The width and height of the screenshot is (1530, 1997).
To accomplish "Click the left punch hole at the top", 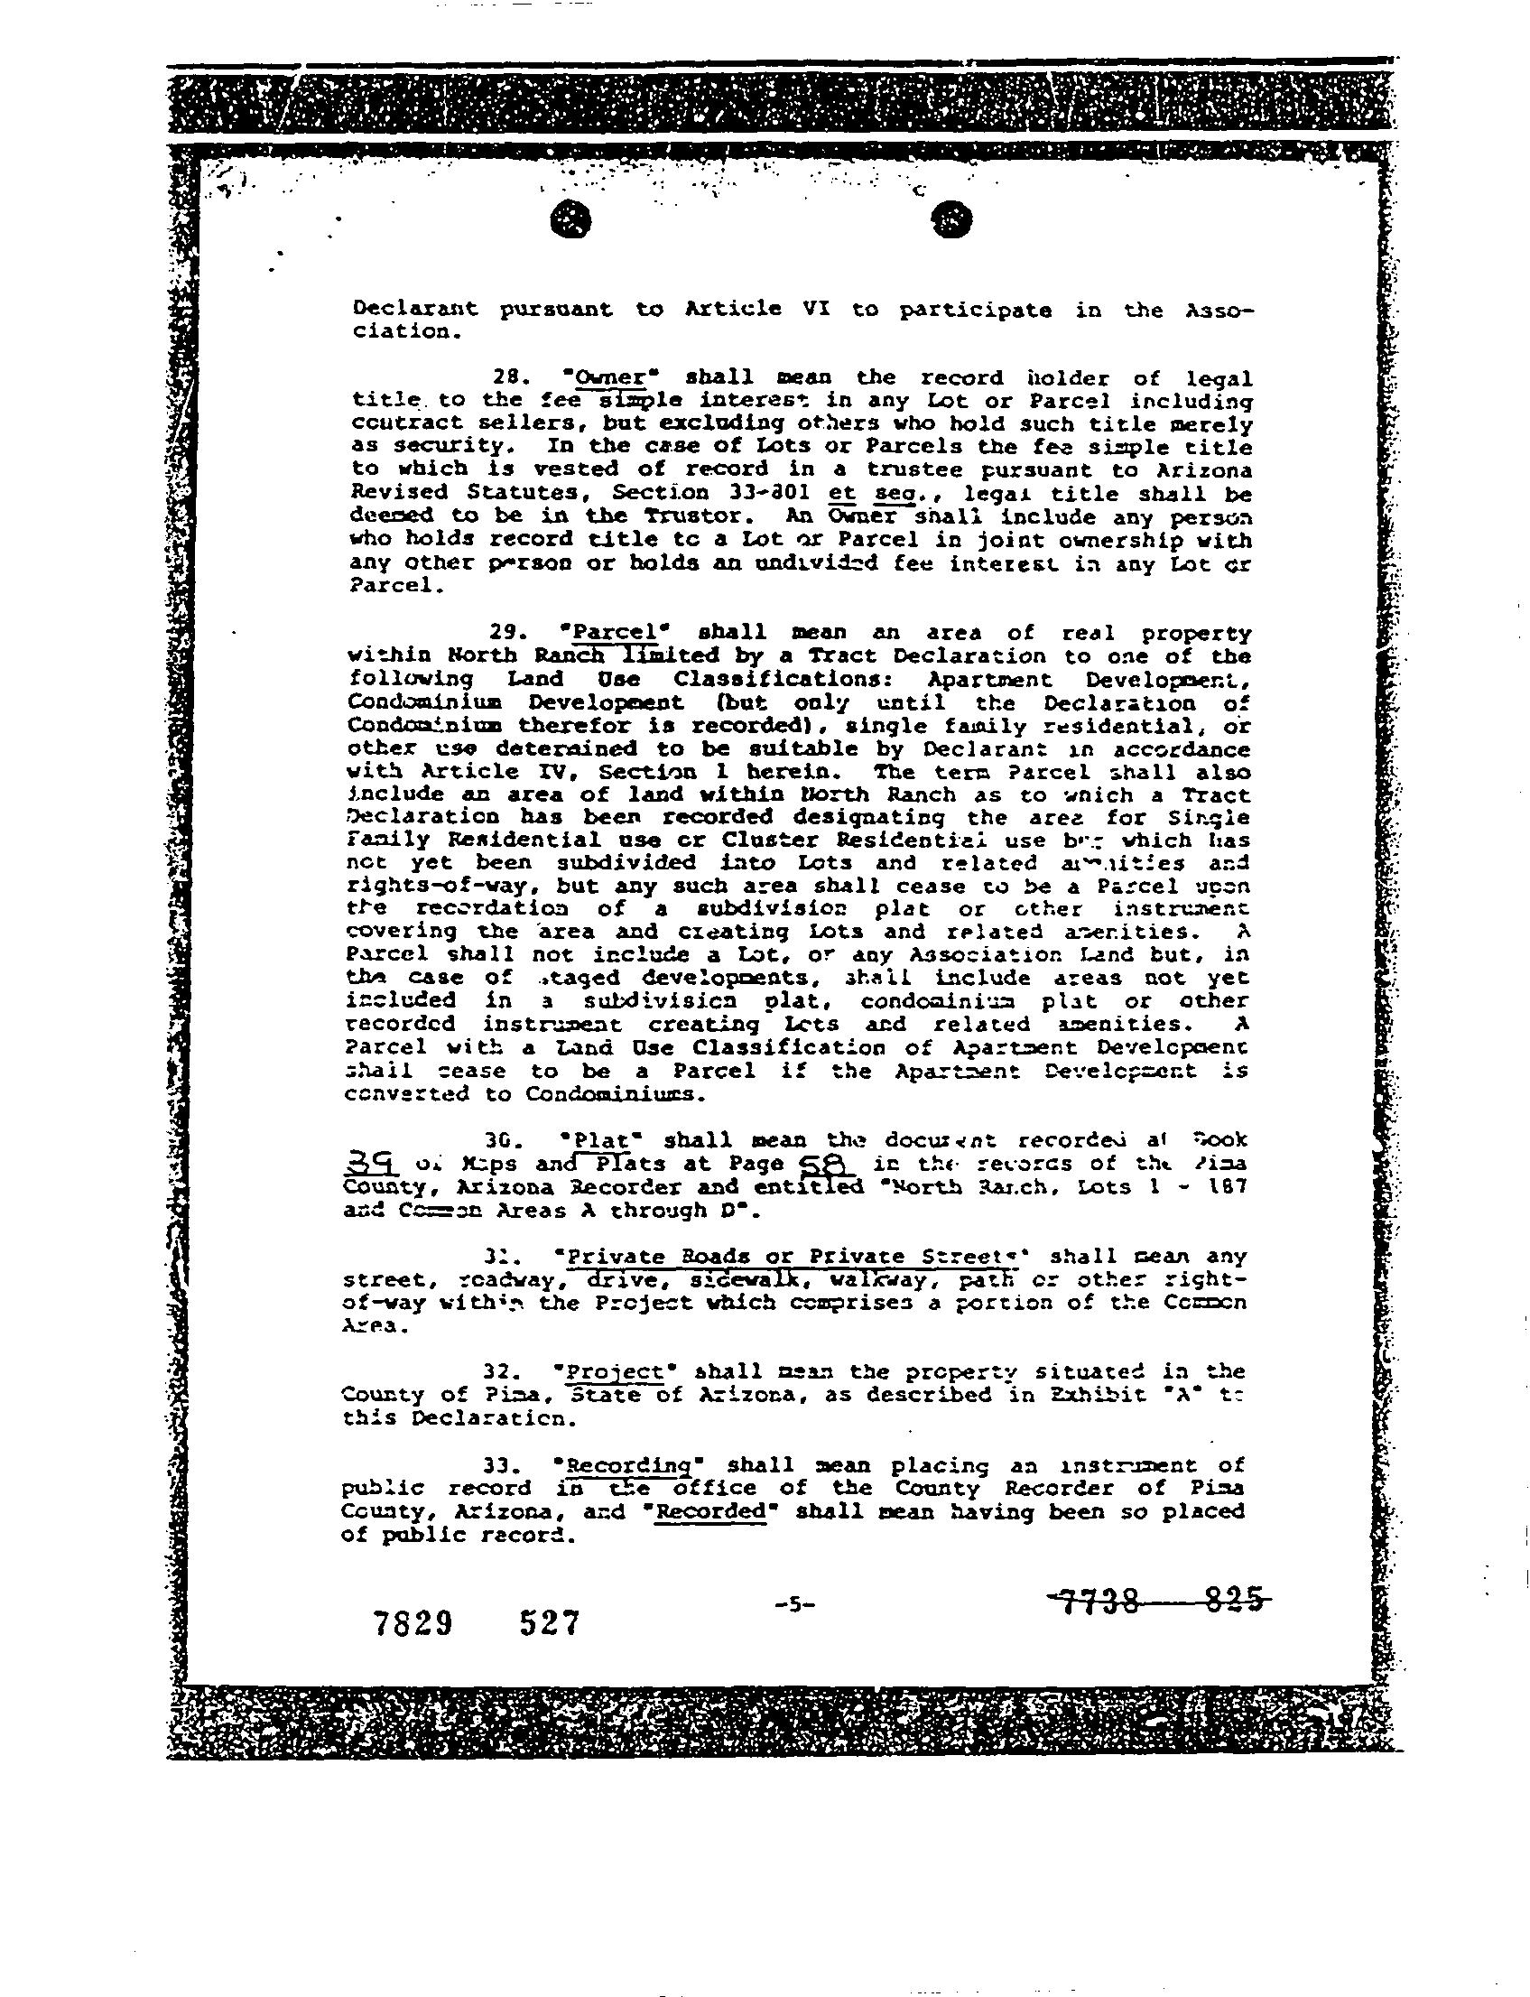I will pyautogui.click(x=571, y=219).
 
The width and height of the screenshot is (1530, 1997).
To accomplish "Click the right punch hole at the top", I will pyautogui.click(x=952, y=219).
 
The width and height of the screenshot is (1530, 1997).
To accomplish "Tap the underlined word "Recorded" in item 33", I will pyautogui.click(x=711, y=1511).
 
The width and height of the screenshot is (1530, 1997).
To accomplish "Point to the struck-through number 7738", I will pyautogui.click(x=1099, y=1600).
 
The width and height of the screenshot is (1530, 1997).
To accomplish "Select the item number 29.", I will pyautogui.click(x=503, y=633).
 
